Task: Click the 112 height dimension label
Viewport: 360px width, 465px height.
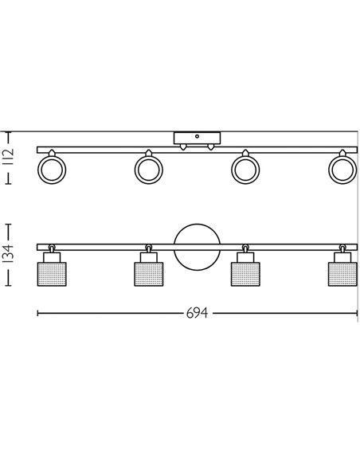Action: [10, 158]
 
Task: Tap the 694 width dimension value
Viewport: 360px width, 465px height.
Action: [197, 313]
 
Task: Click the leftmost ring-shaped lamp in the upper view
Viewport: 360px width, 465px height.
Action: [51, 169]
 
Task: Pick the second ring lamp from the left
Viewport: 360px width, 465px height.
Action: [148, 169]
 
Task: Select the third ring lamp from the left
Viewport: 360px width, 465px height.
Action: [245, 169]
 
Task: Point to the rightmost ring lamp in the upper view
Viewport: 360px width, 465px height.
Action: [342, 169]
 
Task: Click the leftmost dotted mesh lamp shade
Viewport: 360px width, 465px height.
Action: [51, 272]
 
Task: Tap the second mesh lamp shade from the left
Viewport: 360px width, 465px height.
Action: [148, 272]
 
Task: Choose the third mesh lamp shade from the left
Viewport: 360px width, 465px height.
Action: [245, 272]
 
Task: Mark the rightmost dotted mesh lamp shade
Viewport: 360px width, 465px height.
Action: [342, 272]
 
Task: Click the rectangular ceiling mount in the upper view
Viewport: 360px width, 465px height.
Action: [196, 138]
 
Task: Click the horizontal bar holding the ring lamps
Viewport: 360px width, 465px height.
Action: [104, 150]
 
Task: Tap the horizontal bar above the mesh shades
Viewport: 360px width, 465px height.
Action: [104, 244]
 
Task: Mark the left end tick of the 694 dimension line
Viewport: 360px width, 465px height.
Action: [37, 313]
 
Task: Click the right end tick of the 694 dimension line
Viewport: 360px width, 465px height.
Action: [357, 313]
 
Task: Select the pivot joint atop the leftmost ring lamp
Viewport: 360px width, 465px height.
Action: [51, 152]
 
